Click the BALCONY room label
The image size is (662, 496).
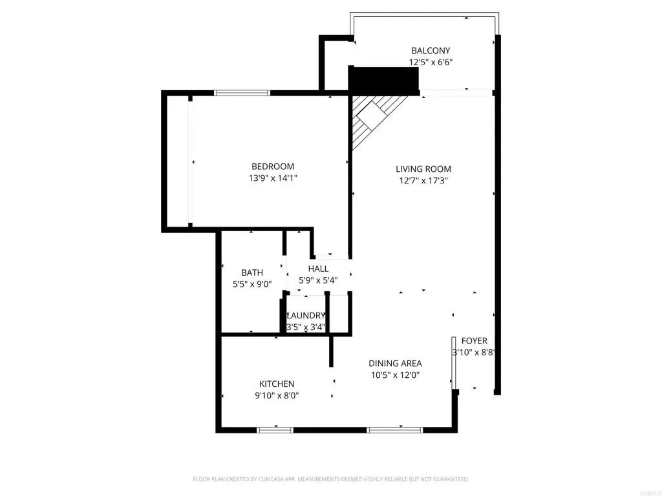click(431, 50)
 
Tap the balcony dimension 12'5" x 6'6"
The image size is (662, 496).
click(431, 63)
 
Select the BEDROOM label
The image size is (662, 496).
click(273, 166)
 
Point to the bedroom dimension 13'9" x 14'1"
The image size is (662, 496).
click(273, 178)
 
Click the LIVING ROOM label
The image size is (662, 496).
click(423, 169)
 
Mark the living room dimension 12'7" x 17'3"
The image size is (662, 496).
click(423, 181)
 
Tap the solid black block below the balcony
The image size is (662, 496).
click(383, 81)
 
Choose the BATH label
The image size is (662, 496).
click(252, 273)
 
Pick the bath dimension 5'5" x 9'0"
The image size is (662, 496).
click(252, 284)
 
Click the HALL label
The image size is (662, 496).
click(318, 269)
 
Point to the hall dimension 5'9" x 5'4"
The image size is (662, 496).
click(318, 280)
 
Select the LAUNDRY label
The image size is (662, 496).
click(306, 315)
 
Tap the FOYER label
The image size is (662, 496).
click(474, 341)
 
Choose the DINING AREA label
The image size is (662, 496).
click(396, 364)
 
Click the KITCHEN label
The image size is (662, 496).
click(277, 384)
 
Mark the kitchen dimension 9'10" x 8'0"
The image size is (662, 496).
click(277, 396)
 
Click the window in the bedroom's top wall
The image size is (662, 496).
click(242, 93)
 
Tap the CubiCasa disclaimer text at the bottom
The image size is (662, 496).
click(331, 479)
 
